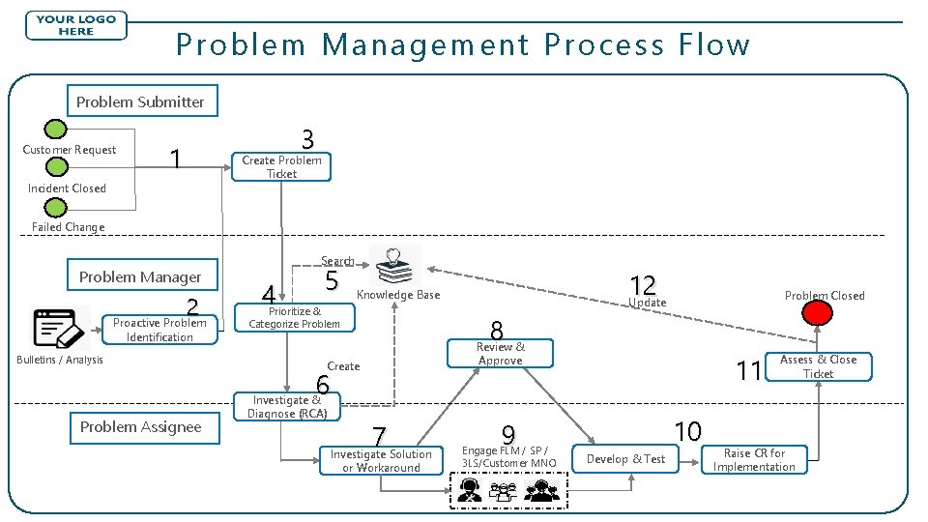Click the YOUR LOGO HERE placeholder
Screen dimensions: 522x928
76,25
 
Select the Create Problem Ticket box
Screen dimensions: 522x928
281,167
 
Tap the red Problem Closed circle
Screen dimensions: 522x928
820,313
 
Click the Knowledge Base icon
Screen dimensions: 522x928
395,265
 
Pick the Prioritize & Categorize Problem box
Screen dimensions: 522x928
295,317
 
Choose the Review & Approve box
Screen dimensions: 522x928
500,354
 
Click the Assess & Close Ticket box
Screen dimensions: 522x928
818,366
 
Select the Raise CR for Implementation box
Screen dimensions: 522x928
754,460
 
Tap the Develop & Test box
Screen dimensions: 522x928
626,459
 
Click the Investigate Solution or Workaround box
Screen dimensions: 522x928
381,461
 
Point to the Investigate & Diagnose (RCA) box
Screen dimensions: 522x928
287,407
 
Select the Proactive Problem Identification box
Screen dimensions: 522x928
159,330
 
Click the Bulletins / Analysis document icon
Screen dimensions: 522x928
61,329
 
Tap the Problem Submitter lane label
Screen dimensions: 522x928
140,101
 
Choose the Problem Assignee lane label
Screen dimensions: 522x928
140,427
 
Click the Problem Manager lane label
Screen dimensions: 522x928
140,276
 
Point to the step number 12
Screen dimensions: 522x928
642,284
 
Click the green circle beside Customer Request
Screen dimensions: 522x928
57,130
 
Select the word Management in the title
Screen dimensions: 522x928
426,44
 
